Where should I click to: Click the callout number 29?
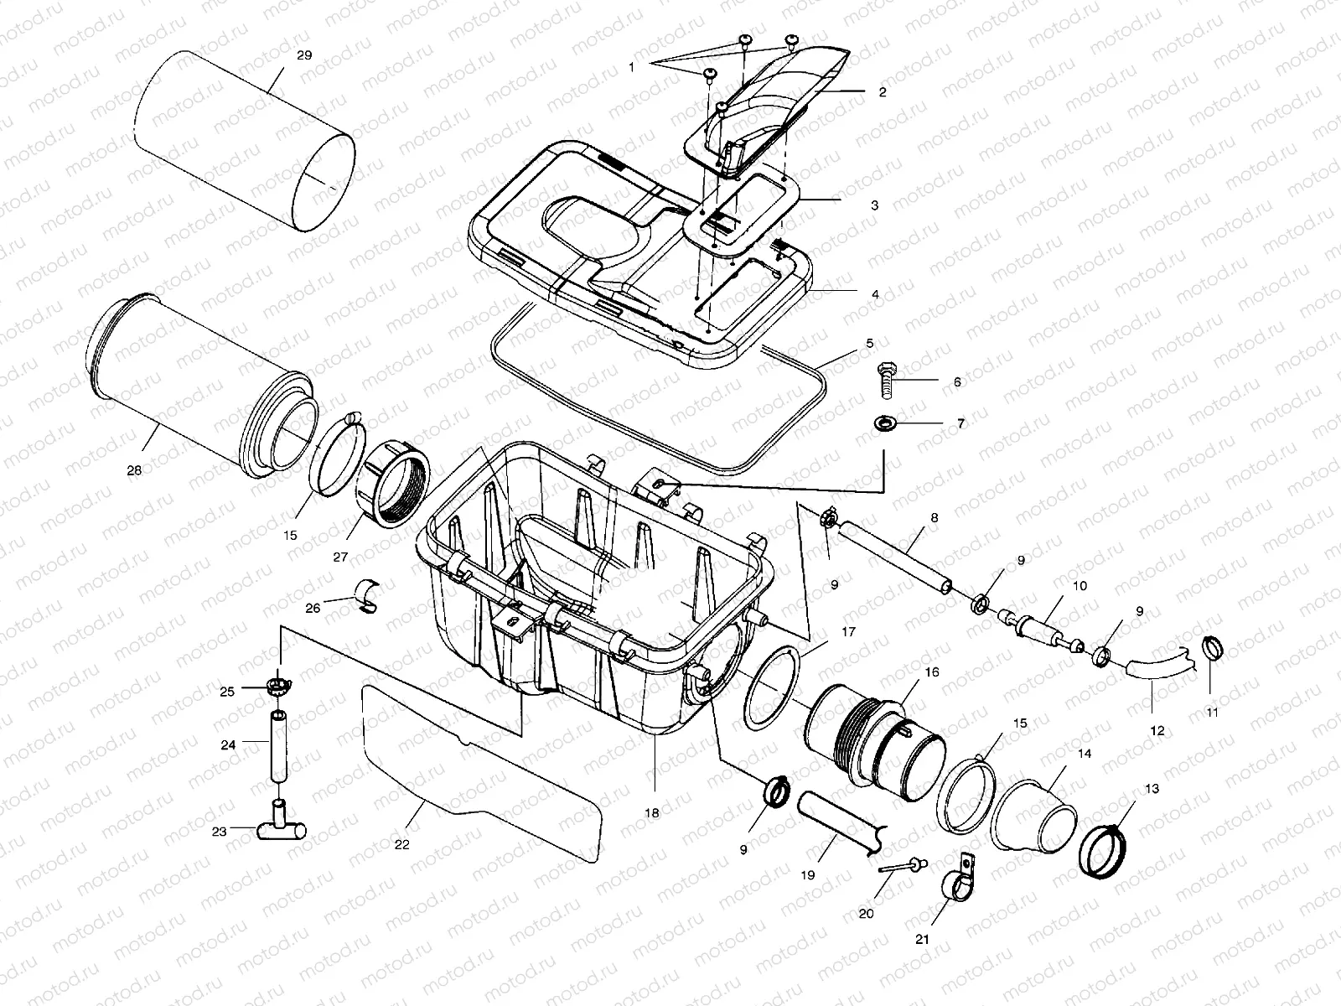coord(304,55)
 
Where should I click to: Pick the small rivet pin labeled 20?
coord(901,866)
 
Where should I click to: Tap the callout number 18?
coord(652,812)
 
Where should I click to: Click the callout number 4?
coord(875,294)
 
